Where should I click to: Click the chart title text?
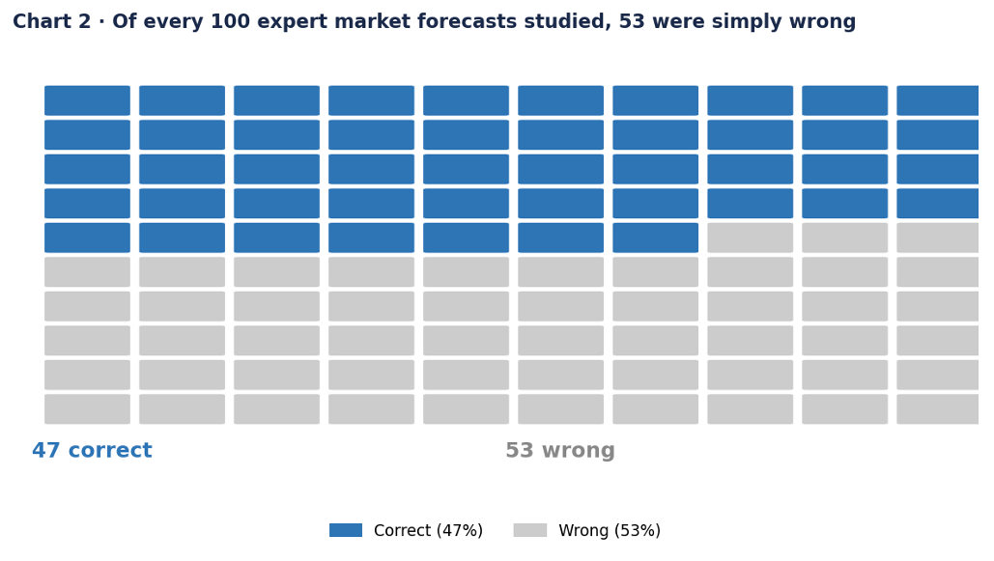(x=434, y=22)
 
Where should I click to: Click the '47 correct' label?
(x=92, y=451)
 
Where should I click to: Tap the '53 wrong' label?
(x=559, y=451)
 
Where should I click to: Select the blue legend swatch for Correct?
(x=345, y=530)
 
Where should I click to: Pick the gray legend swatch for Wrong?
(x=529, y=530)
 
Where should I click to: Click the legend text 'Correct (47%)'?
(x=428, y=531)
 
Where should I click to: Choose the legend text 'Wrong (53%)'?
(x=610, y=531)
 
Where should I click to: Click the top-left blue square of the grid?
(x=87, y=100)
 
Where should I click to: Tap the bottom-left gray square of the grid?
(x=87, y=408)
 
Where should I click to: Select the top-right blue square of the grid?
(x=937, y=100)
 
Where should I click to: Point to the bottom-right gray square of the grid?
(x=937, y=408)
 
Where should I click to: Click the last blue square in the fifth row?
(x=655, y=238)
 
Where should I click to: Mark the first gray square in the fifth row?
(x=750, y=238)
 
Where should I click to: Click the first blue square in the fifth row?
(x=87, y=238)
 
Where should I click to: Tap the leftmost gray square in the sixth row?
(x=87, y=271)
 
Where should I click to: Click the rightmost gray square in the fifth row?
(x=937, y=238)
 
